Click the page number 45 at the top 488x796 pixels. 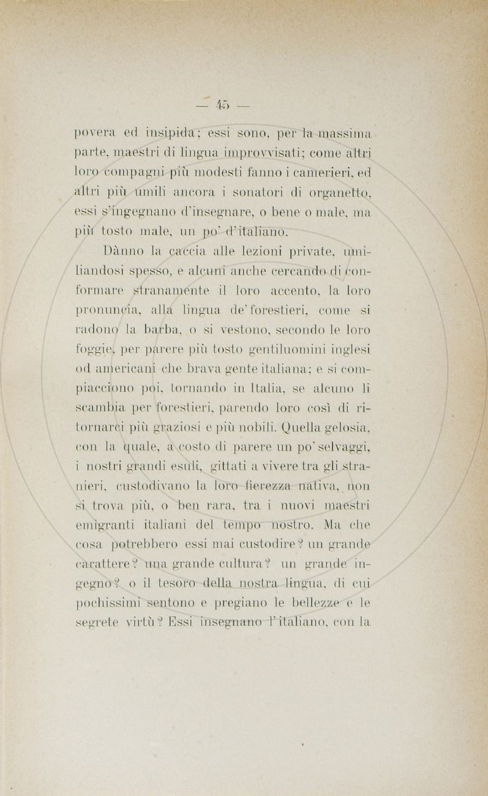click(x=222, y=106)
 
